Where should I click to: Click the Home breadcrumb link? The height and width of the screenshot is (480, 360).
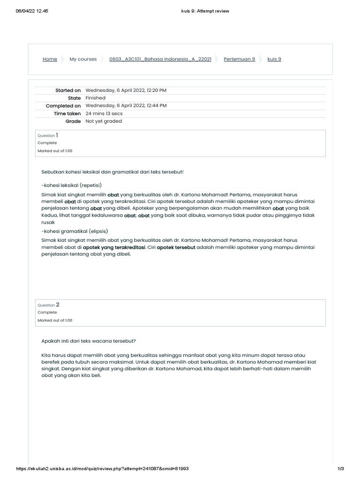coord(50,59)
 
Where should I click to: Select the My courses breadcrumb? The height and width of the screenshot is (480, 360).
coord(83,59)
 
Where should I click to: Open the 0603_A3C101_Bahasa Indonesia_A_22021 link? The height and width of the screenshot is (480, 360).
coord(160,59)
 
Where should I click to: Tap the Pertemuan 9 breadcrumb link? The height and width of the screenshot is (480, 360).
coord(239,59)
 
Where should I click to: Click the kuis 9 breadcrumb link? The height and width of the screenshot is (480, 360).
coord(274,59)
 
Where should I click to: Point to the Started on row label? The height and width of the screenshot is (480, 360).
coord(68,90)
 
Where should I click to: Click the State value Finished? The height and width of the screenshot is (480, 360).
coord(95,98)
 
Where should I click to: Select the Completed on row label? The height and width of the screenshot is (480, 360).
coord(63,106)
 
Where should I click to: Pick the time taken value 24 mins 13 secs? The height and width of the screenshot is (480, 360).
coord(104,113)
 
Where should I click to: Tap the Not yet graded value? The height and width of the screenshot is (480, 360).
coord(104,121)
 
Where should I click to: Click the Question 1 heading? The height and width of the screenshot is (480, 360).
coord(48,135)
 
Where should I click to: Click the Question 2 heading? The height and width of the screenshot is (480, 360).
coord(48,305)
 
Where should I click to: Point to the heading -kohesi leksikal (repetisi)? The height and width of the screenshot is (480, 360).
coord(71,185)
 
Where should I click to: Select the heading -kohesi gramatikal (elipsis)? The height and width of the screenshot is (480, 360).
coord(75,232)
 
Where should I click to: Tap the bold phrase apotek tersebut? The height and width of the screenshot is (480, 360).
coord(176,247)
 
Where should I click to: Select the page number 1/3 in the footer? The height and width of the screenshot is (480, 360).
coord(341,469)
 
